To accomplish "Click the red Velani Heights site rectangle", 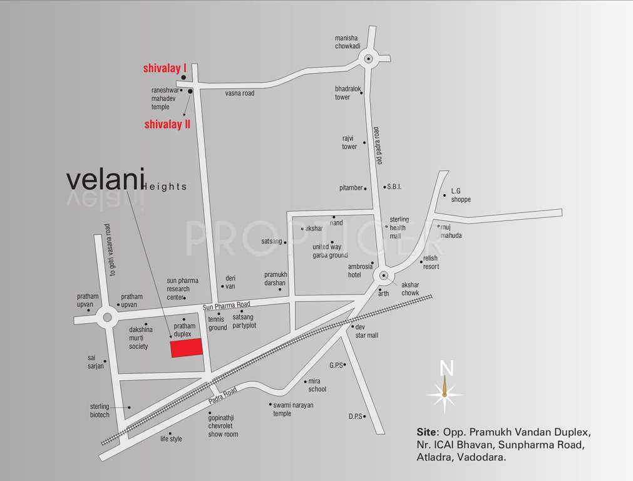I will (187, 348).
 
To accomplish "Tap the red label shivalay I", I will (165, 68).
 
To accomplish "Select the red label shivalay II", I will (167, 125).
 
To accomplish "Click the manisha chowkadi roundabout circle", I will (368, 60).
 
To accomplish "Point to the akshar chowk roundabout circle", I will (383, 276).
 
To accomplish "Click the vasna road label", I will (240, 93).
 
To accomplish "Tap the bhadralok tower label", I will (347, 93).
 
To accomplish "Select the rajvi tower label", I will (349, 142).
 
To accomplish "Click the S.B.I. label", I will (394, 187).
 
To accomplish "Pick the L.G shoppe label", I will (460, 195).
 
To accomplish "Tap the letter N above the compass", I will (446, 368).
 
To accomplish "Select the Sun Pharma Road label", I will (226, 305).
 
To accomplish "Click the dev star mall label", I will (367, 331).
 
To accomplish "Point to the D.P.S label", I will (355, 416).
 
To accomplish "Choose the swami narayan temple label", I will (293, 409).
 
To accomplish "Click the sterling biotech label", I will (100, 411).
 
